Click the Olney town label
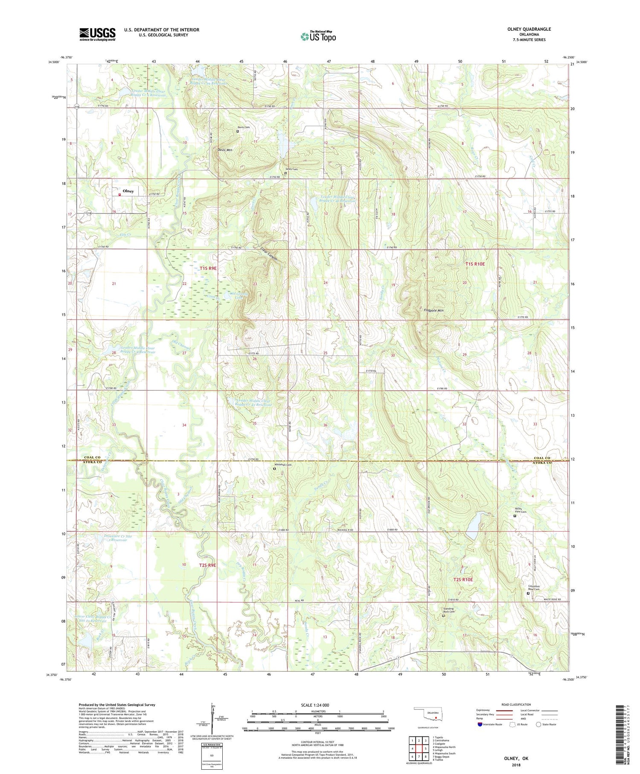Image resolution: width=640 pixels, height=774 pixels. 128,191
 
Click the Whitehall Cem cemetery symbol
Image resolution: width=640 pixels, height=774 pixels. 274,469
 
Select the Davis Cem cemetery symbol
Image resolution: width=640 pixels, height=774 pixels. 238,131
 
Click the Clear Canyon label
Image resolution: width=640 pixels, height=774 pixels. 269,255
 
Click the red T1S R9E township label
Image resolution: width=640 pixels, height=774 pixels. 208,269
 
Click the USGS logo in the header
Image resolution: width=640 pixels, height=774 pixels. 97,34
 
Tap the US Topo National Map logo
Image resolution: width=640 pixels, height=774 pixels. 319,36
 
